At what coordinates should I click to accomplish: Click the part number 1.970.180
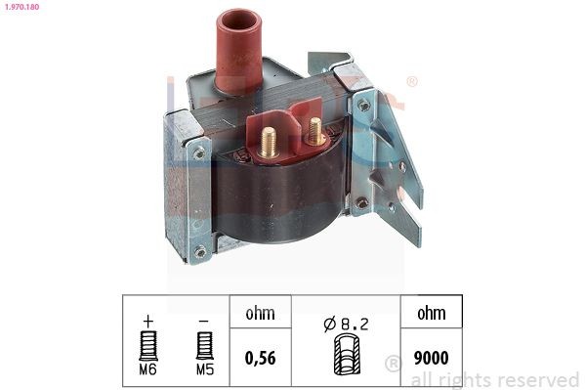21,8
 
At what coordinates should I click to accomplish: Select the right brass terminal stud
314,128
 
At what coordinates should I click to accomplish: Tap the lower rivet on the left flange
201,251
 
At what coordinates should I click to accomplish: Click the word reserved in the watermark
536,379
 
